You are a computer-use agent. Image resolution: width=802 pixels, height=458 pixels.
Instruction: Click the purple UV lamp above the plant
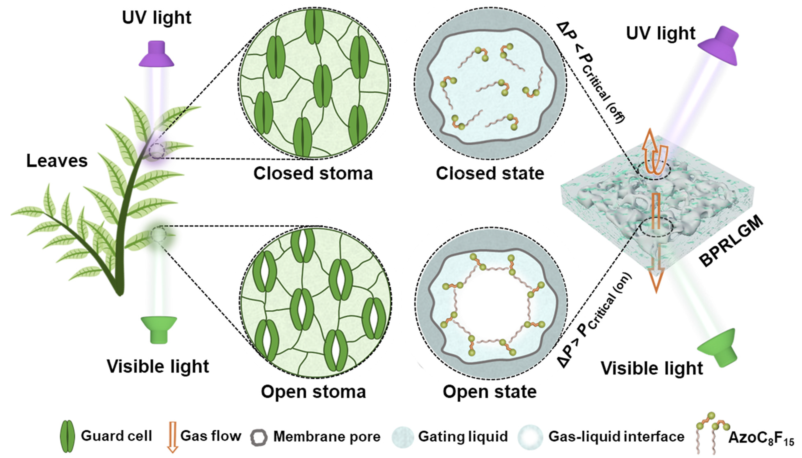point(156,54)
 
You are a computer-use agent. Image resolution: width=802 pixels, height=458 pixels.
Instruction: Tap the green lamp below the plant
point(159,329)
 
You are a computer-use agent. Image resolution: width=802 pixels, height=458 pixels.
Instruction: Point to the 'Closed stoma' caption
point(313,173)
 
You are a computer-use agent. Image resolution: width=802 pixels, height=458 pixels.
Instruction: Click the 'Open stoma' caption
point(313,392)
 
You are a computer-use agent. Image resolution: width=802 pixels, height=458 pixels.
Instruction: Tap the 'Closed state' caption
point(490,173)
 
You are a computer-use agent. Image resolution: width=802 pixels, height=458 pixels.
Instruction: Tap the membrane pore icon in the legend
point(259,437)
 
